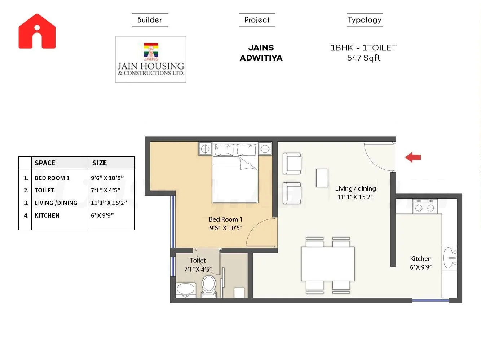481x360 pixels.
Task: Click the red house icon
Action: pyautogui.click(x=37, y=31)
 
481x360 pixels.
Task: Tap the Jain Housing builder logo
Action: pyautogui.click(x=151, y=59)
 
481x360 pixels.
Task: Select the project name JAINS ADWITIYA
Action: pyautogui.click(x=261, y=53)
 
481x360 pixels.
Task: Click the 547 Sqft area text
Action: pyautogui.click(x=363, y=58)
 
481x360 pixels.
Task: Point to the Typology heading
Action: pyautogui.click(x=364, y=20)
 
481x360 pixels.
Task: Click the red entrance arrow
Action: pyautogui.click(x=413, y=157)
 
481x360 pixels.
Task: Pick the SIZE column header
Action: pyautogui.click(x=100, y=163)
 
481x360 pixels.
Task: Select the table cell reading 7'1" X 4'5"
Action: pyautogui.click(x=105, y=190)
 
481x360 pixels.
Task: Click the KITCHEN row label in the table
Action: pyautogui.click(x=47, y=215)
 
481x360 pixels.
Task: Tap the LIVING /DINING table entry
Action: pyautogui.click(x=56, y=203)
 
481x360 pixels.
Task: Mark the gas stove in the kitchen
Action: pyautogui.click(x=425, y=206)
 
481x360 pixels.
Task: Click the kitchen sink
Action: pyautogui.click(x=449, y=258)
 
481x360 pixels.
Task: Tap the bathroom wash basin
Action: pyautogui.click(x=186, y=289)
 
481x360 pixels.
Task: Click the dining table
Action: pyautogui.click(x=328, y=264)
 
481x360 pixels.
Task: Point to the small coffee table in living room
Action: pyautogui.click(x=322, y=178)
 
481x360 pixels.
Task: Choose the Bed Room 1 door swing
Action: pyautogui.click(x=261, y=232)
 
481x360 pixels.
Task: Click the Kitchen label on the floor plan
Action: pyautogui.click(x=420, y=259)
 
